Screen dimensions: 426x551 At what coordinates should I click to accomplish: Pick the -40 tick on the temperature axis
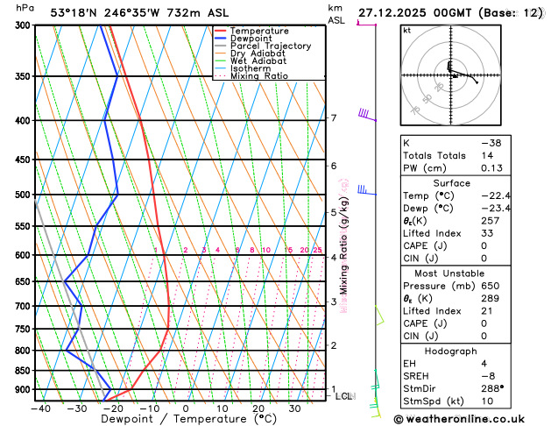(x=39, y=408)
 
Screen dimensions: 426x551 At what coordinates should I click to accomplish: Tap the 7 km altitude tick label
(x=333, y=118)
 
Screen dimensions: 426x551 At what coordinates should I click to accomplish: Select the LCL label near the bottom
(x=344, y=397)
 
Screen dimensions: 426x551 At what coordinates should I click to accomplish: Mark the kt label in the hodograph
(x=406, y=30)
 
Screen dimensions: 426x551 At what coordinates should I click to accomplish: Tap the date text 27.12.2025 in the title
(x=399, y=11)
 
